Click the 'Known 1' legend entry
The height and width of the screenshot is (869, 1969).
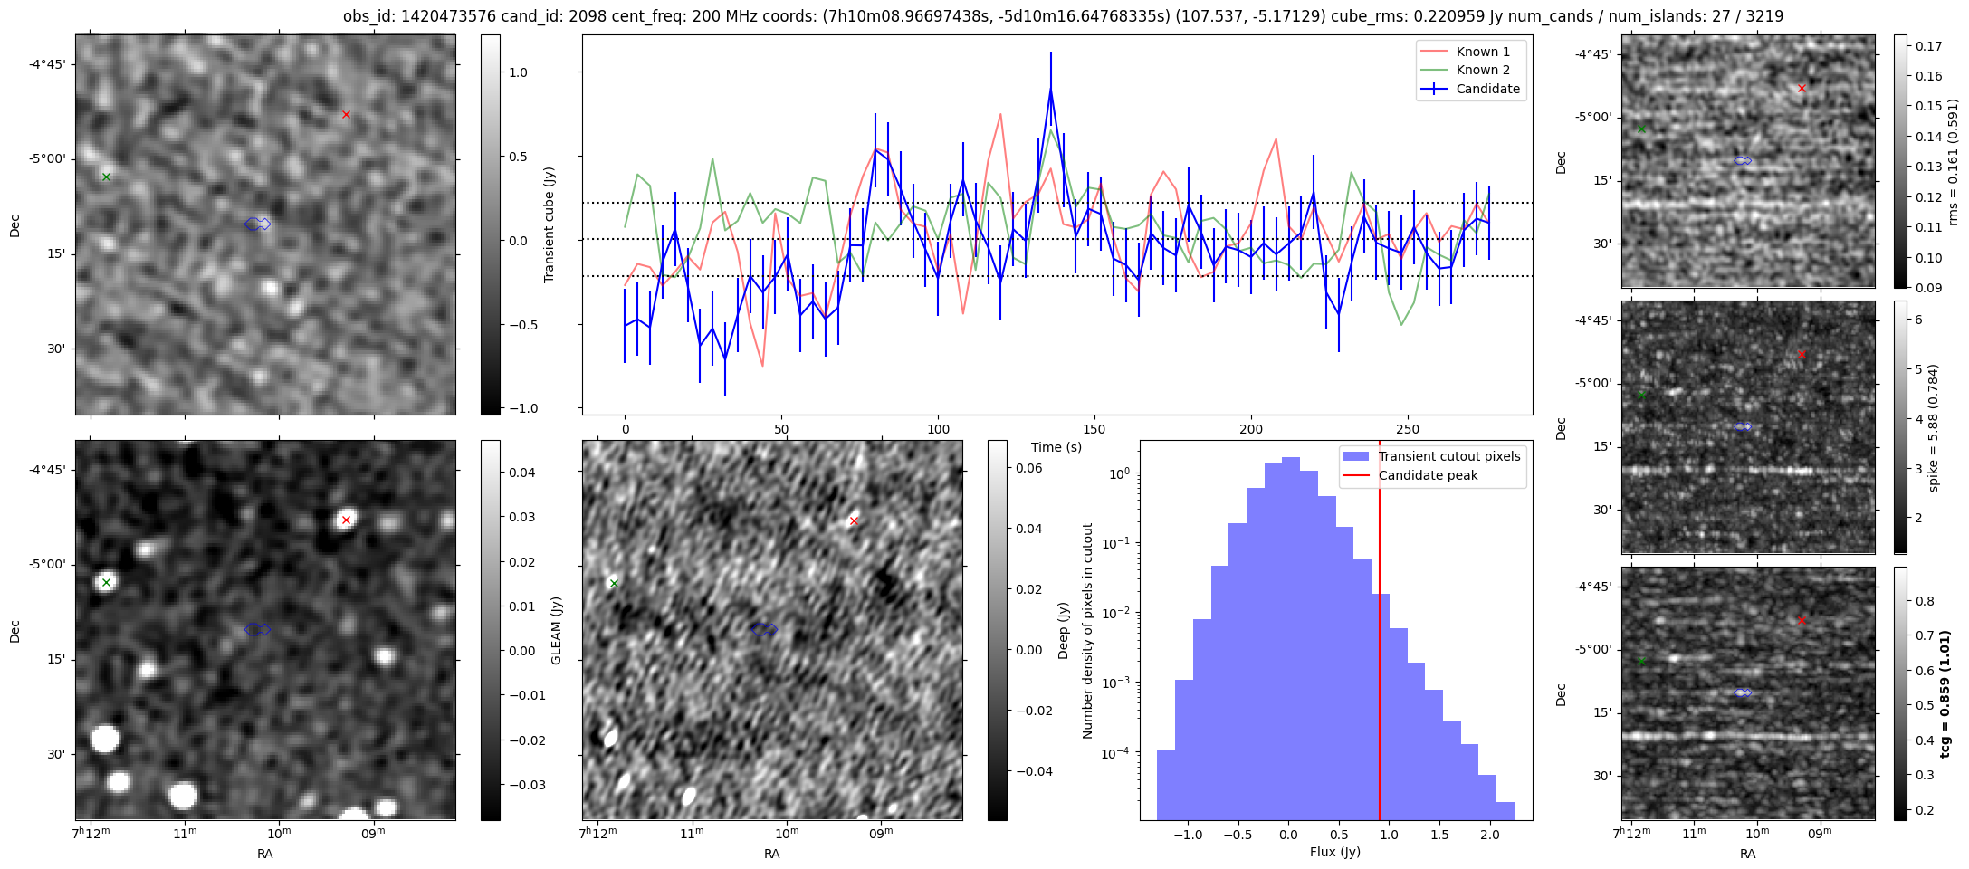(x=1482, y=52)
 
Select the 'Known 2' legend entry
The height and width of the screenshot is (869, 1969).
(x=1482, y=70)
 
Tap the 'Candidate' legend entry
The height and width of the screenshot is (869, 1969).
(x=1487, y=89)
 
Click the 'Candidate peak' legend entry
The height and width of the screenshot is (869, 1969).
(x=1428, y=475)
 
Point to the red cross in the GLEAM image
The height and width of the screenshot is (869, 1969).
(x=346, y=520)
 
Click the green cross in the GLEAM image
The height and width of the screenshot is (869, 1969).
(x=106, y=582)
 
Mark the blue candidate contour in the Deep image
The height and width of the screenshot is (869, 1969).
(x=764, y=629)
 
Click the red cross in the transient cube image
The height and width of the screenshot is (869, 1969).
(x=346, y=114)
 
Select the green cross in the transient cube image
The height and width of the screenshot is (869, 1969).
(x=106, y=177)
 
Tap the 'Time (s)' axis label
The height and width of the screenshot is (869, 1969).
(x=1056, y=447)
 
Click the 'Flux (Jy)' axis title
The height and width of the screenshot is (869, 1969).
(x=1335, y=852)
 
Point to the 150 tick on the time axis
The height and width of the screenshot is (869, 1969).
(x=1094, y=429)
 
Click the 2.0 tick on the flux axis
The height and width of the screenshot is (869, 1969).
(x=1489, y=835)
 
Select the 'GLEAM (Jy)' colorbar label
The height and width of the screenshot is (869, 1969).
(x=556, y=630)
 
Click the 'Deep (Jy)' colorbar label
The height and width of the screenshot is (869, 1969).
(x=1064, y=630)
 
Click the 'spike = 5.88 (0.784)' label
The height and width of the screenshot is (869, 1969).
(x=1933, y=427)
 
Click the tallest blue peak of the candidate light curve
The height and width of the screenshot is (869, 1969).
(x=1051, y=89)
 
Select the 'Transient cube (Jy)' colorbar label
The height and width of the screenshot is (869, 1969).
(x=549, y=224)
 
